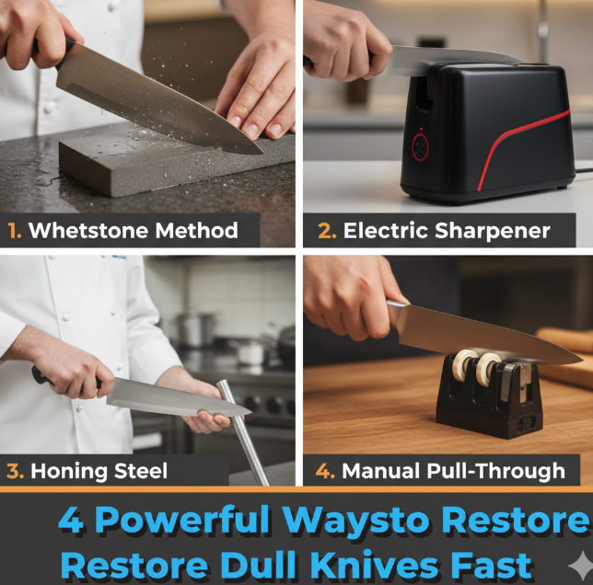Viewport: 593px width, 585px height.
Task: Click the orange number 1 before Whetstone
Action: [x=14, y=230]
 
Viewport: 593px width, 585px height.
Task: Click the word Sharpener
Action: [x=492, y=231]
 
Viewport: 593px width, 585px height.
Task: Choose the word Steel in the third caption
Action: [x=140, y=471]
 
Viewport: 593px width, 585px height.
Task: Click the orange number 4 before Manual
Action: [x=324, y=471]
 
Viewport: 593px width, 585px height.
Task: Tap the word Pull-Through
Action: [x=495, y=471]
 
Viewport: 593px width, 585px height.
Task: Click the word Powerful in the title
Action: [x=182, y=521]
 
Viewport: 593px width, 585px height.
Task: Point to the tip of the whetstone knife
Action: [x=262, y=153]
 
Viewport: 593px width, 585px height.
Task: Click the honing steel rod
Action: [x=242, y=433]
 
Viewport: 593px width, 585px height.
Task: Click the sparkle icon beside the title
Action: [x=579, y=565]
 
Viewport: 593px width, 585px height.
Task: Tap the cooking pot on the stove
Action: [x=194, y=329]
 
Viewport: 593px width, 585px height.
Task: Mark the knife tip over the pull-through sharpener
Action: [x=582, y=360]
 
